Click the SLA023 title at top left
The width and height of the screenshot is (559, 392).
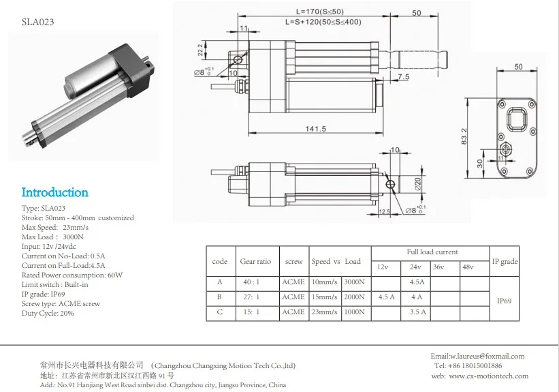point(38,21)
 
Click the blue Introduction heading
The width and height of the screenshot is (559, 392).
point(54,192)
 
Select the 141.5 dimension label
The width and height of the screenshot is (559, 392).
point(316,129)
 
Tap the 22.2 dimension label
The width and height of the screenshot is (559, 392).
point(200,50)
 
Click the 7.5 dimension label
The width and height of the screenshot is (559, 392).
point(403,78)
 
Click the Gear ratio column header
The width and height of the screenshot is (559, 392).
point(255,261)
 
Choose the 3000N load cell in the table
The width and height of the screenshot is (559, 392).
point(353,282)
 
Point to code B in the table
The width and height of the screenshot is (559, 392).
point(220,297)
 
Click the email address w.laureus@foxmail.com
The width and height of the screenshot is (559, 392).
point(477,356)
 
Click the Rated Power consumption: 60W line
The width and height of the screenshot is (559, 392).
point(72,275)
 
